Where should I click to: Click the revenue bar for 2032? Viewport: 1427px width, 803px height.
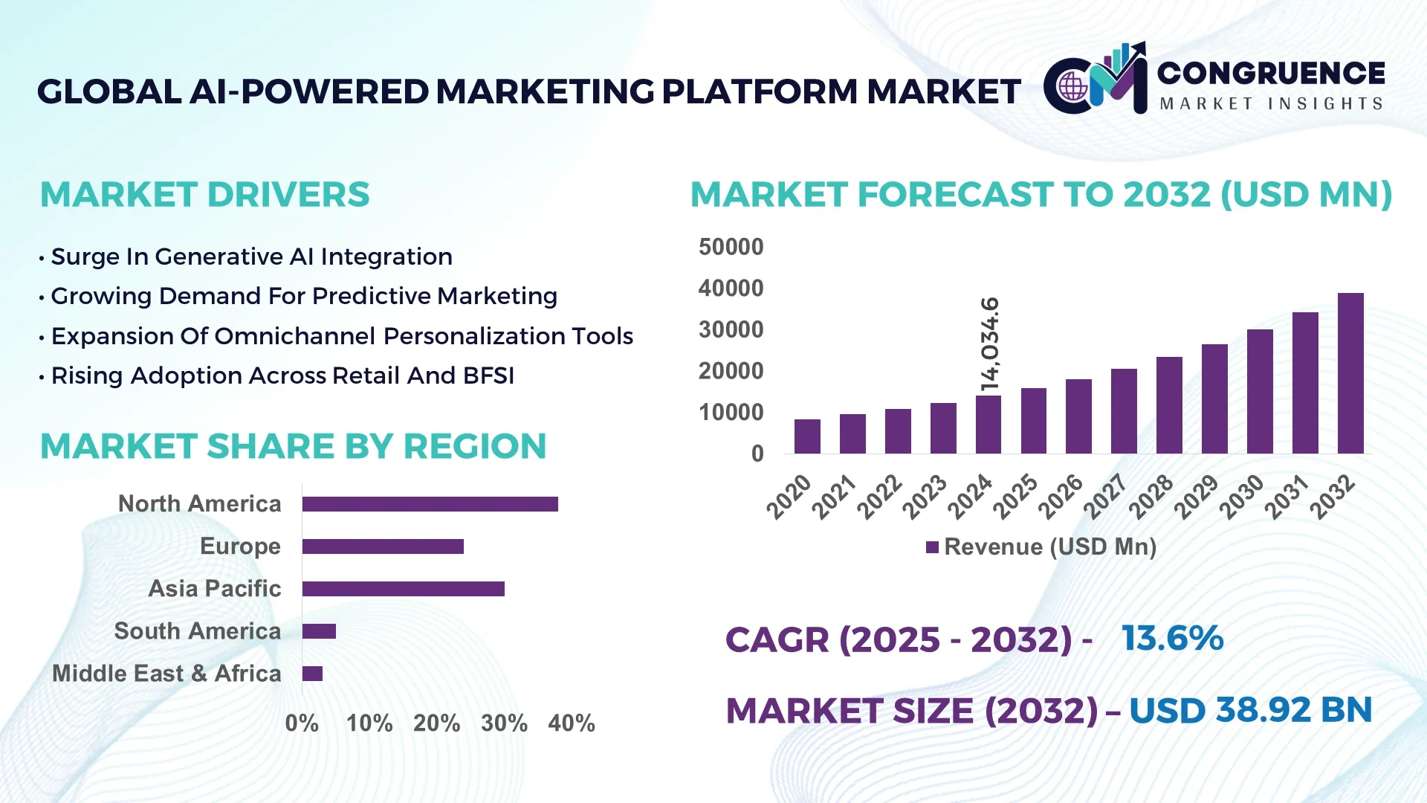tap(1350, 373)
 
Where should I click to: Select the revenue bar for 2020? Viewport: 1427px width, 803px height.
tap(807, 436)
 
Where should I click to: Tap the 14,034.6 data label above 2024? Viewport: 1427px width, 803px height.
tap(990, 344)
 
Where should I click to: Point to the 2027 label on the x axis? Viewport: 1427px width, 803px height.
tap(1105, 496)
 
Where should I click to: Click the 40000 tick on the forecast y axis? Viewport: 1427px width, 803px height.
tap(731, 288)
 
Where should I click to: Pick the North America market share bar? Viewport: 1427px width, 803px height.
tap(430, 504)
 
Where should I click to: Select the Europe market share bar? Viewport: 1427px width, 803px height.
tap(383, 546)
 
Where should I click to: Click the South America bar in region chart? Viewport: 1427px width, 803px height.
tap(319, 631)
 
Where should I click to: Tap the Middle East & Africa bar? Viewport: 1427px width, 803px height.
tap(312, 674)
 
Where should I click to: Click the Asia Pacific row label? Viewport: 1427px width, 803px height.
tap(215, 589)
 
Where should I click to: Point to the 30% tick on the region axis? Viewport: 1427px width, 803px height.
tap(504, 723)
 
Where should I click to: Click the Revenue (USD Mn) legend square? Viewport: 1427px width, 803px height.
tap(932, 547)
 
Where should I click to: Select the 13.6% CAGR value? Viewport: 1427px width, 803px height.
tap(1172, 638)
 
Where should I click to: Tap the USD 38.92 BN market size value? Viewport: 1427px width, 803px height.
tap(1250, 710)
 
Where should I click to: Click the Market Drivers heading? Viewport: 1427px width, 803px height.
tap(204, 195)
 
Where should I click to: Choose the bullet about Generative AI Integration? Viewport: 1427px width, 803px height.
tap(251, 257)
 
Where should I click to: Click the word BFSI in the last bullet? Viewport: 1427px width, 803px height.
tap(488, 375)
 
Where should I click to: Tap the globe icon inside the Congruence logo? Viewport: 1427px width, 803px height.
tap(1072, 87)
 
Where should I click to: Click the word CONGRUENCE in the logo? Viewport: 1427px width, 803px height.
tap(1271, 73)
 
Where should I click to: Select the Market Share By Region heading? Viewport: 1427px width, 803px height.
tap(293, 446)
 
